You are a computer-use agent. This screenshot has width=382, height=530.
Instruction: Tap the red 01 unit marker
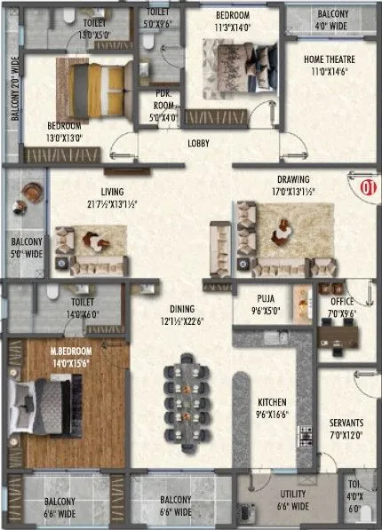365,187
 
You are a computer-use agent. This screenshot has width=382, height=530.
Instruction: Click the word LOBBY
199,142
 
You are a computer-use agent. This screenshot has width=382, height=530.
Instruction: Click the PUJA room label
263,305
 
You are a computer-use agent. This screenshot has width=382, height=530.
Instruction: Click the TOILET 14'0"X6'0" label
76,306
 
